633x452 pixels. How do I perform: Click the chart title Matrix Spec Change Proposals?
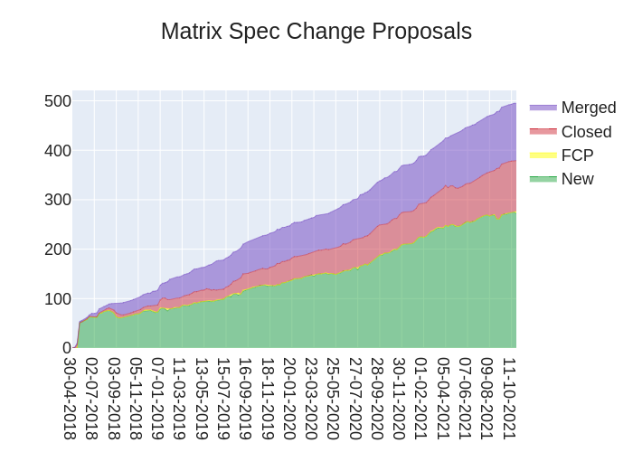316,32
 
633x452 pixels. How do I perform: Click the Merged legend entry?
588,108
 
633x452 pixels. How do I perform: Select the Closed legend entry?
586,132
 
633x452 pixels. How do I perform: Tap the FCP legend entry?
577,155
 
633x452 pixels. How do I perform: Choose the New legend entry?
577,179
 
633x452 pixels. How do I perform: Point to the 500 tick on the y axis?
58,101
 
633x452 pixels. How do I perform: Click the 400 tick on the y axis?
58,150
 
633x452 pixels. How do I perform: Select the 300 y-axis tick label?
58,200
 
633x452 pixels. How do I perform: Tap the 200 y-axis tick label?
58,250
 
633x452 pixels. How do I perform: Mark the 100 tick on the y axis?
58,298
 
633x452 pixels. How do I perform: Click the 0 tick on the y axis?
66,348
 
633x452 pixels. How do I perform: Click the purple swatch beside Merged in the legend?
543,108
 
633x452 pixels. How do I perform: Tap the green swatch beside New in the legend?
543,179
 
